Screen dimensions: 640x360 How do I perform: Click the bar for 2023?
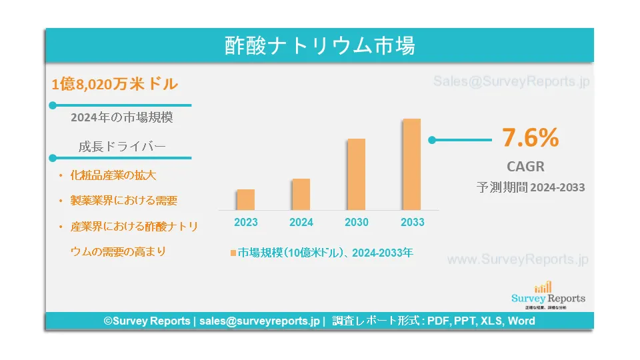[x=246, y=199]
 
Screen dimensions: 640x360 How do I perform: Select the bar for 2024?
[x=301, y=194]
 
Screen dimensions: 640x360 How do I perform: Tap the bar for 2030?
[x=356, y=174]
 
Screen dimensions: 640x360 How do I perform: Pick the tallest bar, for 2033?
[x=412, y=165]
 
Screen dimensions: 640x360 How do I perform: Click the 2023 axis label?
[x=246, y=222]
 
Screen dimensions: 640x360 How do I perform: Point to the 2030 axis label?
[x=356, y=222]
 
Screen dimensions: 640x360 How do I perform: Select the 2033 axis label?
[x=412, y=222]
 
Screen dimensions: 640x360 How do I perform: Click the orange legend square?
[x=233, y=253]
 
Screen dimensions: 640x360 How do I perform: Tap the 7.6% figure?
[x=530, y=137]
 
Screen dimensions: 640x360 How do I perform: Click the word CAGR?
[x=526, y=167]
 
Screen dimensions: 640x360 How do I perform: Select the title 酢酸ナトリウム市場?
[x=319, y=45]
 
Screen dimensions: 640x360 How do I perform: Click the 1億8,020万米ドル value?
[x=115, y=84]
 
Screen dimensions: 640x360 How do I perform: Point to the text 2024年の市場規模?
[x=121, y=117]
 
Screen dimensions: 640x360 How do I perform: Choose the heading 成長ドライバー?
[x=122, y=147]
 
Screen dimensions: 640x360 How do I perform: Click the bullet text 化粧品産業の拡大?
[x=113, y=175]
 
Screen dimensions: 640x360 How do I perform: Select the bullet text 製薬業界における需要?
[x=124, y=201]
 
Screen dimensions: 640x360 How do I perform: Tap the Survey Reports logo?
[x=548, y=295]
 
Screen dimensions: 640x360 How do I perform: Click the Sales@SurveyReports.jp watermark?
[x=511, y=81]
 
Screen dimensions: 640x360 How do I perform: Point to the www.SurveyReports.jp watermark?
[x=517, y=259]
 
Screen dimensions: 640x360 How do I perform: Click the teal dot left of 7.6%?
[x=432, y=140]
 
